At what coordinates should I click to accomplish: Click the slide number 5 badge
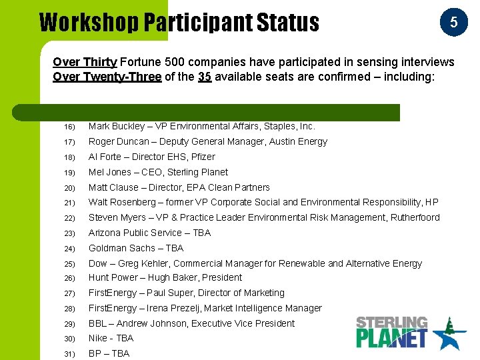point(453,22)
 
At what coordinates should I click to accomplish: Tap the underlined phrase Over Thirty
point(85,62)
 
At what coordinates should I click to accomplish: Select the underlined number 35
point(205,77)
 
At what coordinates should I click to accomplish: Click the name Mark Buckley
point(116,126)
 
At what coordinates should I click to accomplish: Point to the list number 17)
point(70,142)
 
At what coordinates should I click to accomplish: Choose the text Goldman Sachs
point(122,248)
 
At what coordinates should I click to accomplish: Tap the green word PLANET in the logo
point(391,337)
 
